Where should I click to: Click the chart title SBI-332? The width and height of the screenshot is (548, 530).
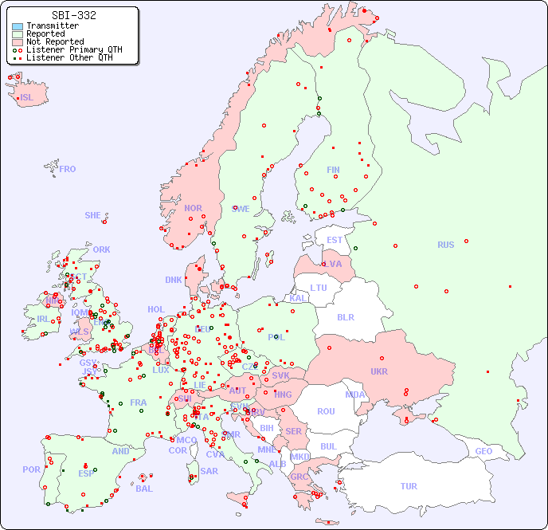click(73, 15)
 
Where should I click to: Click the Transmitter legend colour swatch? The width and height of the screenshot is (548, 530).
click(18, 26)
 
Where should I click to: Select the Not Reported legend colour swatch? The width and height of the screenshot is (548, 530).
click(18, 42)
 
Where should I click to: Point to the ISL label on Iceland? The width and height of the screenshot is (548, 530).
click(27, 98)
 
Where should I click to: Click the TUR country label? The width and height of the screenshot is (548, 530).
click(409, 486)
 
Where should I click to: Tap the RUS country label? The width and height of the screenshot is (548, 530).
click(445, 245)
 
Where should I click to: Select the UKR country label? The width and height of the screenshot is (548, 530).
click(379, 371)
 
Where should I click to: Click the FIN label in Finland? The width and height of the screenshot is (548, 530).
click(333, 170)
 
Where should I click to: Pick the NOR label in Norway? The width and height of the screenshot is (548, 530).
click(193, 208)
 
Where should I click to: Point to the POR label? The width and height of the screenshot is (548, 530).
click(31, 469)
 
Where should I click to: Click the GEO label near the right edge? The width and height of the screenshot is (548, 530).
click(483, 451)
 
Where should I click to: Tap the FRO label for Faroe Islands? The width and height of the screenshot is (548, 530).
click(68, 169)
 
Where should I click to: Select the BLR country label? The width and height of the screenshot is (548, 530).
click(346, 316)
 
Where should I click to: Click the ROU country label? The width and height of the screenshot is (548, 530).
click(326, 411)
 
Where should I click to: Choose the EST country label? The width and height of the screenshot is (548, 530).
click(335, 240)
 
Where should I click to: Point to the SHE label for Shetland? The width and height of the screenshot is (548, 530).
click(93, 215)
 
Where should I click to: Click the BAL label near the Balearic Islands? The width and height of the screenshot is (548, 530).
click(143, 489)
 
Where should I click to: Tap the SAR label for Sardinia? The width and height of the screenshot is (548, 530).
click(209, 471)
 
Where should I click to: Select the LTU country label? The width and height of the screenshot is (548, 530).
click(319, 288)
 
